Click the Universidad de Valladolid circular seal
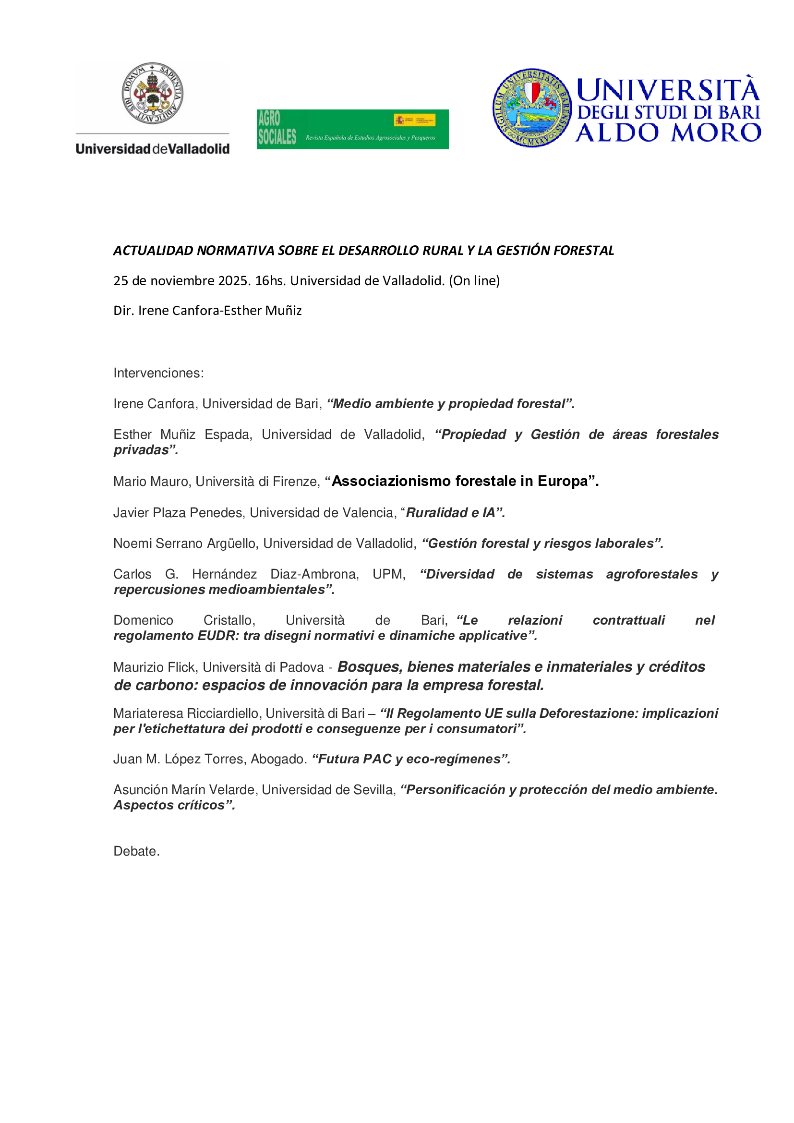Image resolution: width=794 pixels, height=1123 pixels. (x=152, y=94)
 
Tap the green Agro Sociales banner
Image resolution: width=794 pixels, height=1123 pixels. (x=352, y=129)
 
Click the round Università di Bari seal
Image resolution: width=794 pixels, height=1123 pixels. (x=532, y=108)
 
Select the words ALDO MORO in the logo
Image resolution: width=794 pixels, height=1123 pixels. (x=668, y=133)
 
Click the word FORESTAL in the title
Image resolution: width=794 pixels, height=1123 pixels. (x=584, y=251)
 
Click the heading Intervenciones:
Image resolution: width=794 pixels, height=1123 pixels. (x=158, y=373)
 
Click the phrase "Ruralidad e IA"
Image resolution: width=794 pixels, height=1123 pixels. (x=450, y=513)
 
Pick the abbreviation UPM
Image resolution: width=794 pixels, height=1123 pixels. (x=389, y=574)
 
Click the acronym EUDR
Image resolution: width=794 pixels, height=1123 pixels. (x=218, y=636)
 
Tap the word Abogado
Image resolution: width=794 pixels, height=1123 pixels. (x=278, y=759)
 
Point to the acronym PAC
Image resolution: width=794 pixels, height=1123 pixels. (x=377, y=759)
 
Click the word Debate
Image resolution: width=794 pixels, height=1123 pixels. (x=136, y=852)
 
